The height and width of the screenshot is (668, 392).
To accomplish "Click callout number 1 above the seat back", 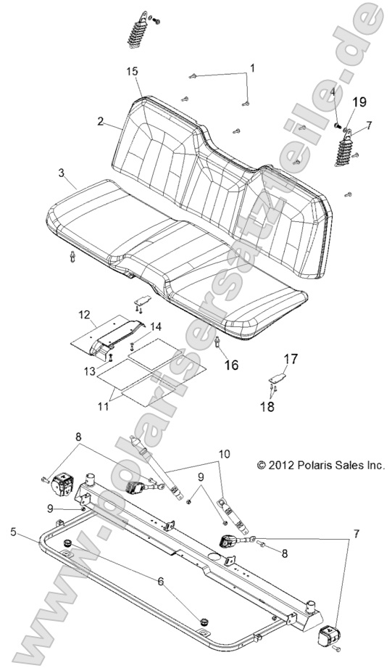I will tap(252, 68).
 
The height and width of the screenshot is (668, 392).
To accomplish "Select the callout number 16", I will tap(230, 365).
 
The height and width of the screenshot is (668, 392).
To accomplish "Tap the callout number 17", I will tap(291, 358).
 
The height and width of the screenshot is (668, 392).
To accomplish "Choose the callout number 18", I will tap(268, 407).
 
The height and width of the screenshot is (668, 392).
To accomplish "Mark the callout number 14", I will tap(135, 327).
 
